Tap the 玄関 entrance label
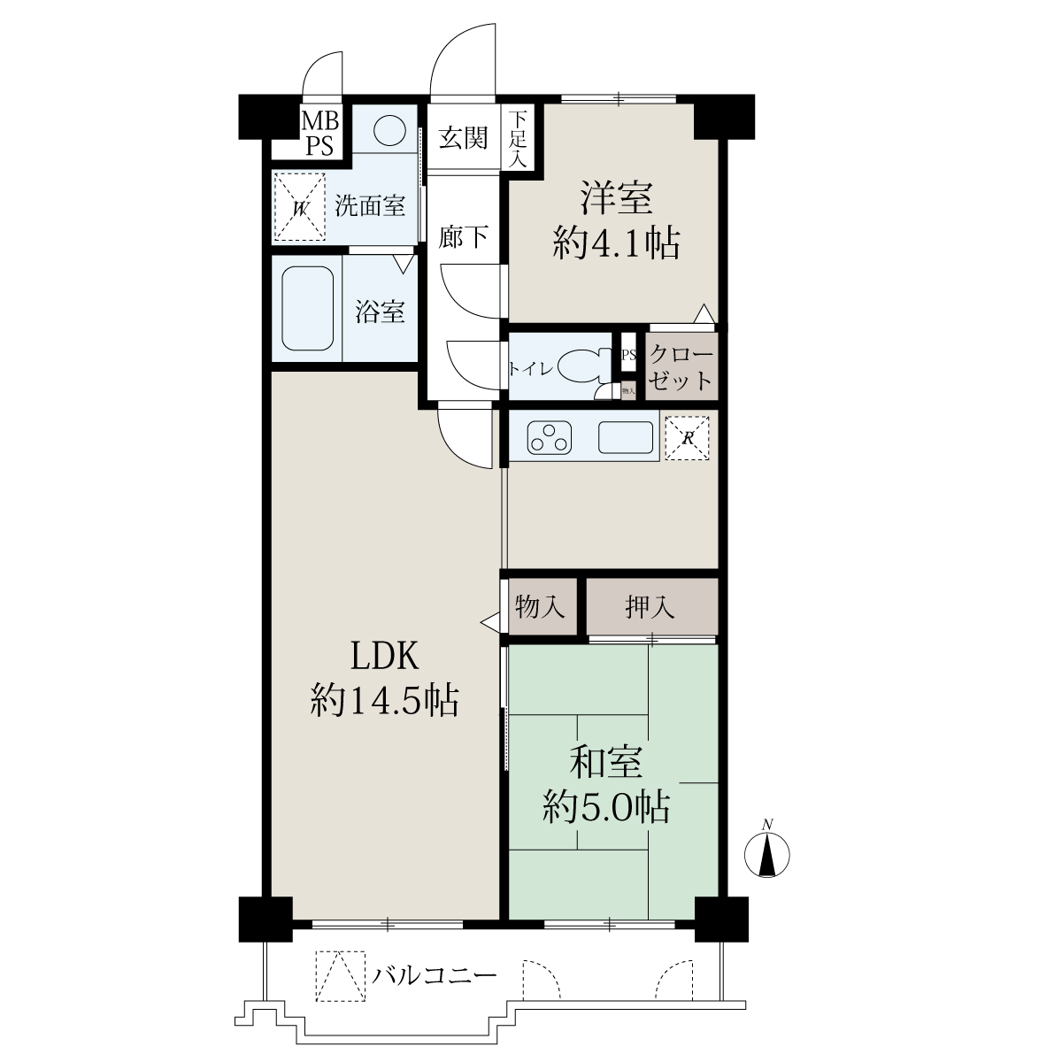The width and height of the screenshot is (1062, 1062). pos(463,138)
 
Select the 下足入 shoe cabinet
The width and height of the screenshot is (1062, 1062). pos(518,138)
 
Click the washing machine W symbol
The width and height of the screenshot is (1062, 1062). pos(299,207)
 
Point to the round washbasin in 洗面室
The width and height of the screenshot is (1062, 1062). pos(389,131)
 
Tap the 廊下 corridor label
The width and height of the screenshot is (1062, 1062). pos(463,237)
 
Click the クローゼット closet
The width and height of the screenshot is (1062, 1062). pos(681,366)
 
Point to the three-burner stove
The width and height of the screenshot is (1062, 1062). pos(549,437)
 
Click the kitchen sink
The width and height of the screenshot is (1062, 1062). pos(626,437)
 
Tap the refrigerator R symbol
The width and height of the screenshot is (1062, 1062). pos(687,438)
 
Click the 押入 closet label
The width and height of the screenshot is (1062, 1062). pos(650,607)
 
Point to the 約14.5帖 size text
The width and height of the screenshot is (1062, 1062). pos(384,700)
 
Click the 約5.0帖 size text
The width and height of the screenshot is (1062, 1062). pos(606,808)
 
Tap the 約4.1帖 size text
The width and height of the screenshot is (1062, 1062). pos(616,242)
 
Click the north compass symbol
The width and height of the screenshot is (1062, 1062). pos(766,854)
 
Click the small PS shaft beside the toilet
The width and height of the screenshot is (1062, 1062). pos(628,355)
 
